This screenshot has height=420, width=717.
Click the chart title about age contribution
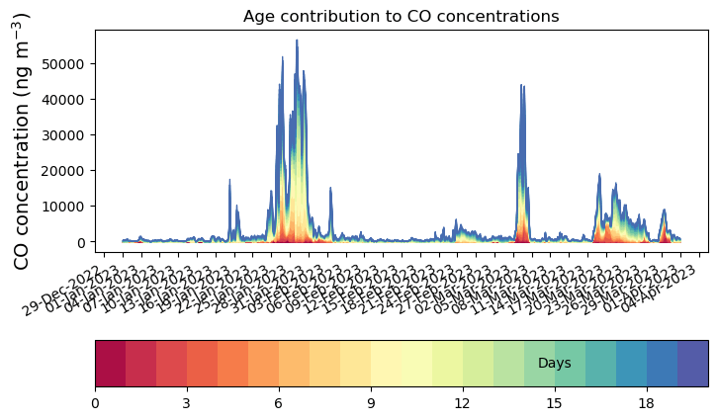point(402,16)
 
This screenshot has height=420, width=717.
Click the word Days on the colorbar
point(554,364)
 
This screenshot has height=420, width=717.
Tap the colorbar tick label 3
point(187,403)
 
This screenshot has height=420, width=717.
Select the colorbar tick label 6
point(279,403)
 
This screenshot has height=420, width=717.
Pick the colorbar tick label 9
point(371,403)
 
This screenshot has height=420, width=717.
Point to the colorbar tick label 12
point(463,403)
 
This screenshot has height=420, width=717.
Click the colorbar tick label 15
point(555,403)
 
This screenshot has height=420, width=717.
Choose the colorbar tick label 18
point(647,403)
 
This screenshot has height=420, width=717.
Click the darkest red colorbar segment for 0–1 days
point(110,363)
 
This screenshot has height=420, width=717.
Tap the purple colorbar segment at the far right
point(693,363)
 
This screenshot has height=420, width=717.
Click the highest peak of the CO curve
point(297,42)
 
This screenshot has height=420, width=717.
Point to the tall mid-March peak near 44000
point(521,86)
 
